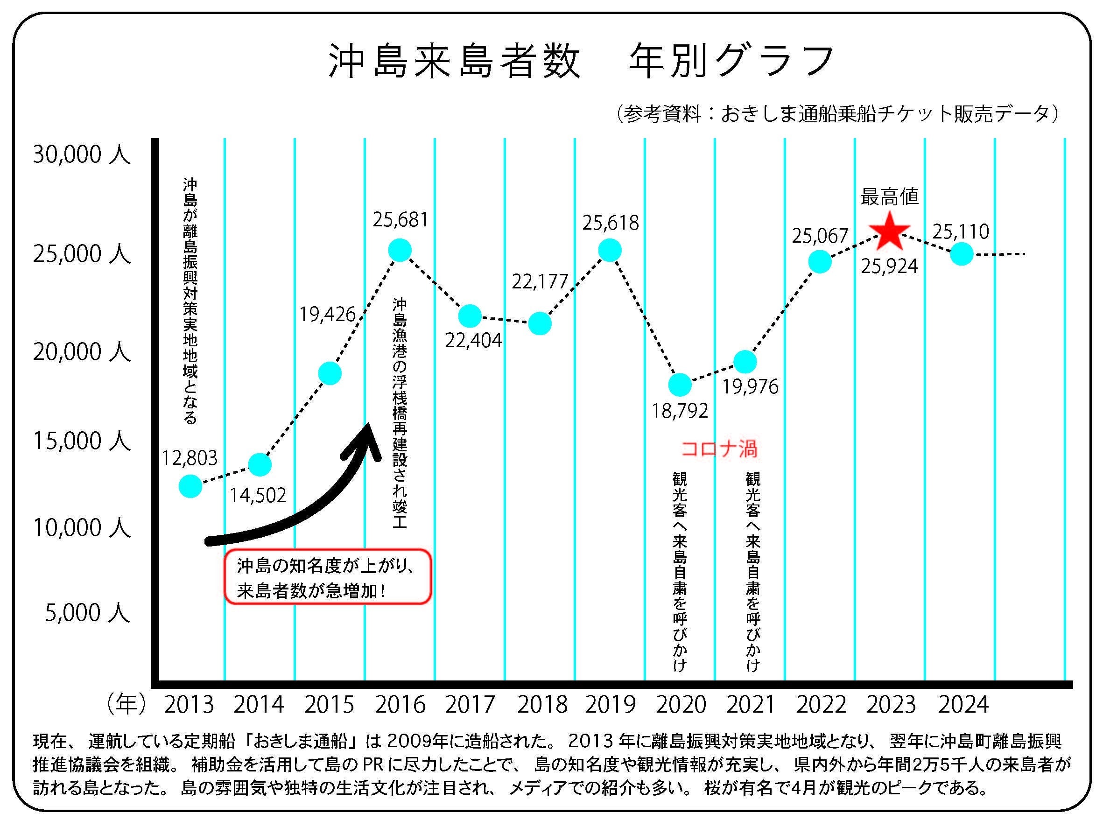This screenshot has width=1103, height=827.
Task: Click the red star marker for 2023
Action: [x=890, y=232]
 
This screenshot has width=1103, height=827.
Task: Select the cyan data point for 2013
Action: [x=190, y=485]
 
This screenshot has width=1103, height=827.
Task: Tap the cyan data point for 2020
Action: [x=680, y=385]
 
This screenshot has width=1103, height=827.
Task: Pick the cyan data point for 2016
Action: [x=400, y=250]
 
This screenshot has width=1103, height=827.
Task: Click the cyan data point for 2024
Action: [x=962, y=254]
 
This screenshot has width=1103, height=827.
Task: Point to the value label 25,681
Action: [x=400, y=220]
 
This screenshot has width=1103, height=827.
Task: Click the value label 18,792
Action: [x=680, y=411]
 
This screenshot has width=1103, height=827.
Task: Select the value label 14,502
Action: [x=258, y=495]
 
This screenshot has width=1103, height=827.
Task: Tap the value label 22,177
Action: [x=540, y=282]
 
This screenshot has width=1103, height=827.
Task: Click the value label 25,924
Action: [x=889, y=266]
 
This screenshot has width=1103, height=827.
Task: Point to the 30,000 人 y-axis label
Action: [x=81, y=154]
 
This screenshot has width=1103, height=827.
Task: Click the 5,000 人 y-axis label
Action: [x=87, y=613]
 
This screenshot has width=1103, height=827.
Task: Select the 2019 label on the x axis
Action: [x=611, y=704]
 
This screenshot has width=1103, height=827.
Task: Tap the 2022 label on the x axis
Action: [x=821, y=704]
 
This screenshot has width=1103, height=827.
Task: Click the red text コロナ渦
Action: [x=719, y=449]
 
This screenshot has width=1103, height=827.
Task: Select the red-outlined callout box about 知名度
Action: [x=327, y=577]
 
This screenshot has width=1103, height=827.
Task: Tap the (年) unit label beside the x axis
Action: [x=126, y=704]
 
